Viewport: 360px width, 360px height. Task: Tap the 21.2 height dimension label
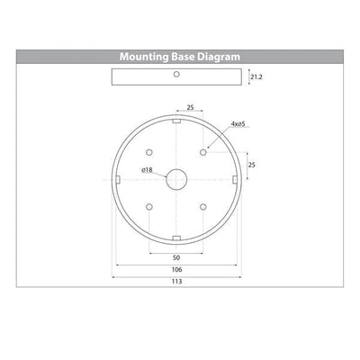pyautogui.click(x=256, y=77)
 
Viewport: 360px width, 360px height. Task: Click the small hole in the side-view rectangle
pyautogui.click(x=176, y=74)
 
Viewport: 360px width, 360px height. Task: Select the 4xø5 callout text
pyautogui.click(x=238, y=124)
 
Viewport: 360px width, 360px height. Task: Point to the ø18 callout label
pyautogui.click(x=147, y=170)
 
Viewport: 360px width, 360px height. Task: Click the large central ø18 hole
pyautogui.click(x=176, y=180)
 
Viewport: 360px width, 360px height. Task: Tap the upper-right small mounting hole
pyautogui.click(x=203, y=152)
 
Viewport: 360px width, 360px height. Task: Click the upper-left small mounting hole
pyautogui.click(x=149, y=152)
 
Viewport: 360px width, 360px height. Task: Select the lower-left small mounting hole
pyautogui.click(x=149, y=207)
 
